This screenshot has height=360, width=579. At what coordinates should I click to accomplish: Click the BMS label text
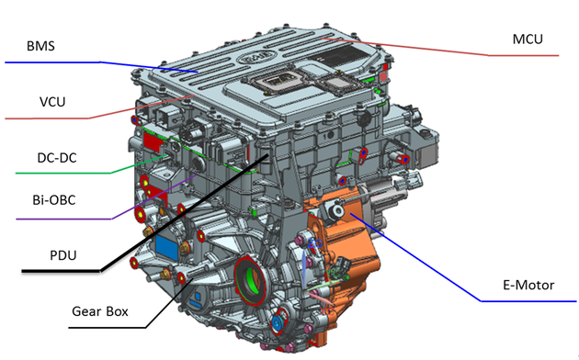pyautogui.click(x=40, y=46)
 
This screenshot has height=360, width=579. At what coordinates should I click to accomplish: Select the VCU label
pyautogui.click(x=52, y=102)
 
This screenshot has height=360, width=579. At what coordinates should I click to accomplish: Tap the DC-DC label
pyautogui.click(x=57, y=158)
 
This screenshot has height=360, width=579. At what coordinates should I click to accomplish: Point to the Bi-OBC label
pyautogui.click(x=54, y=200)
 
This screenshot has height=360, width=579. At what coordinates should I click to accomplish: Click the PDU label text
pyautogui.click(x=63, y=255)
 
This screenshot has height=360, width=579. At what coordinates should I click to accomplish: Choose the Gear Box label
pyautogui.click(x=99, y=311)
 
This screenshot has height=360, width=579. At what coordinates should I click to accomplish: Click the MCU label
pyautogui.click(x=528, y=39)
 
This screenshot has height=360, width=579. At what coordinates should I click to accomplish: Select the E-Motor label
pyautogui.click(x=528, y=285)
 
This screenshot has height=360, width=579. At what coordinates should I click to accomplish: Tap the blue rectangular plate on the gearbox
pyautogui.click(x=167, y=246)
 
